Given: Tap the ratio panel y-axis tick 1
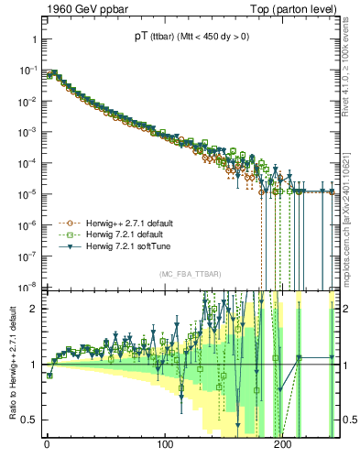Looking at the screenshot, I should (33, 365).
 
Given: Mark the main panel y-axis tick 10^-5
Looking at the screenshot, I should (25, 193).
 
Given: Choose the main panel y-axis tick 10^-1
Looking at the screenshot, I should (25, 70).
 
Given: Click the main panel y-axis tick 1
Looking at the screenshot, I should (33, 39).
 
